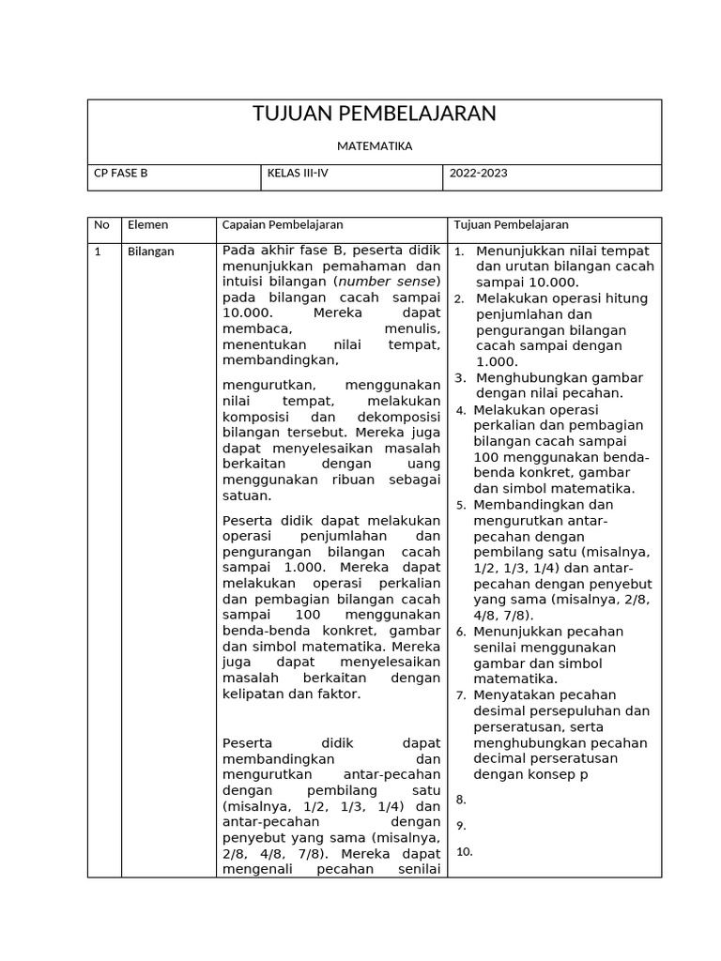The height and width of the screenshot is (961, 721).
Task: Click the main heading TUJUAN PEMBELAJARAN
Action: click(374, 114)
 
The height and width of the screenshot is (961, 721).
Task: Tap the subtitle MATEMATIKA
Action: click(374, 146)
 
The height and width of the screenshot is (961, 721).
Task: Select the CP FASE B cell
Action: click(121, 174)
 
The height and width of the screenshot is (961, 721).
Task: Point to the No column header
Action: click(101, 225)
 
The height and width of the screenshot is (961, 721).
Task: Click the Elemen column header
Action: click(147, 225)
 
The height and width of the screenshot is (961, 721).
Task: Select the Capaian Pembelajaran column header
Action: click(282, 225)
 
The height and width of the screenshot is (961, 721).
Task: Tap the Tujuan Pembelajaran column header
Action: click(511, 225)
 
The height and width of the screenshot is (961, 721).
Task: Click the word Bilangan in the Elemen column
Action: click(150, 252)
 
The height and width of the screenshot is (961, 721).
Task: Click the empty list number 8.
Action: click(461, 800)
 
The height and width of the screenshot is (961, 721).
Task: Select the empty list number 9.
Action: click(461, 826)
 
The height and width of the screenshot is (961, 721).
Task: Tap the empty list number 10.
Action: click(464, 852)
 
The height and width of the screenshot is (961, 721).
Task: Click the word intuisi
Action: click(246, 282)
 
